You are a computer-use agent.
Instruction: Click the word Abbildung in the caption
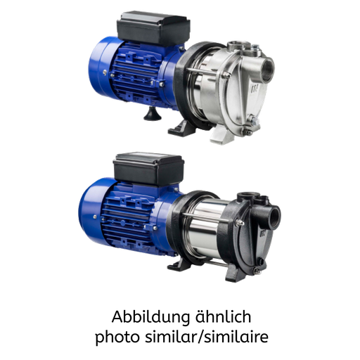coord(151,317)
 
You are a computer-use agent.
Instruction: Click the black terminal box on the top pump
coord(153,29)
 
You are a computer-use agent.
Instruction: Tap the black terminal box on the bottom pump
coord(148,169)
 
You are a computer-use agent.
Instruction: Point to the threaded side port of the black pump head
coord(274,217)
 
